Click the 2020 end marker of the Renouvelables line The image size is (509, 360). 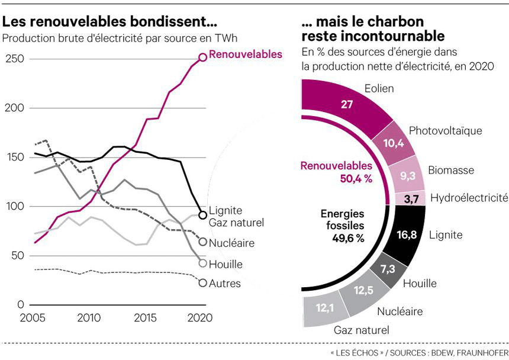tap(202, 57)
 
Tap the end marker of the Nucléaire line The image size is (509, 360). tap(202, 242)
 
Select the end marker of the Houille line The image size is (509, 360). tap(202, 263)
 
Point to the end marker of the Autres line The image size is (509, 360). tap(202, 283)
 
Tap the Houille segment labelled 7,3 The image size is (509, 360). tap(388, 270)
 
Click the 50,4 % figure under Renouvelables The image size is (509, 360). tap(355, 179)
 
